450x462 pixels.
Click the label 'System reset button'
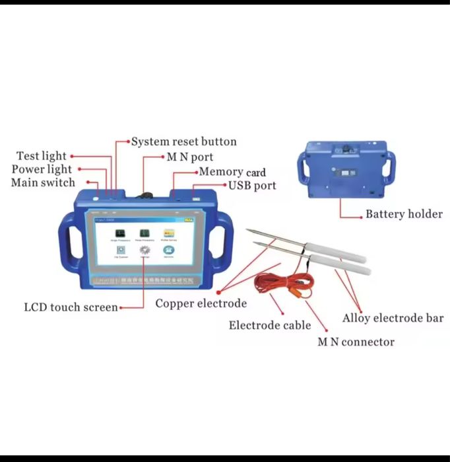(183, 141)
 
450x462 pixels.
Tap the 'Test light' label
(42, 156)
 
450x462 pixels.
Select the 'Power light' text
(42, 169)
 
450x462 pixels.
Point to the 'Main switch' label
(43, 182)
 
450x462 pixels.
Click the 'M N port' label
(189, 157)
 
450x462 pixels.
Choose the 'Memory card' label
(232, 172)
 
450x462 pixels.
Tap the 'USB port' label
(252, 186)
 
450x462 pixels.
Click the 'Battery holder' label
(404, 214)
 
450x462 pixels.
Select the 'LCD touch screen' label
(71, 307)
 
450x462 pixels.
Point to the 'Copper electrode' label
(201, 303)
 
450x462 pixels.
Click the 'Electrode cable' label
(270, 325)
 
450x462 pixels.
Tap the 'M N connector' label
(356, 342)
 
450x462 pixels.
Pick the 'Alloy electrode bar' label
(393, 319)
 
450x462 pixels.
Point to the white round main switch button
(97, 196)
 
